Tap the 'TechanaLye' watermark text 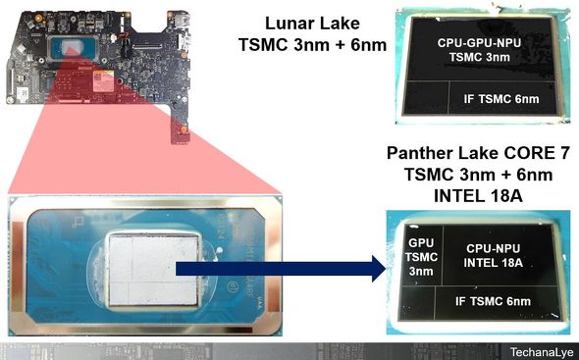click(x=538, y=350)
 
